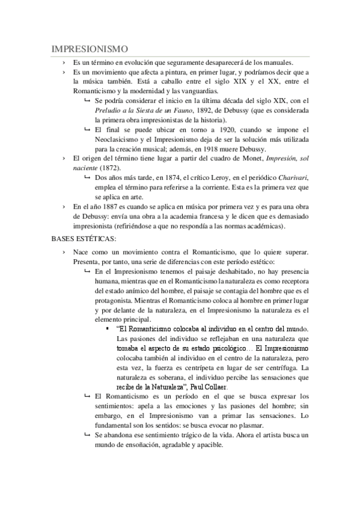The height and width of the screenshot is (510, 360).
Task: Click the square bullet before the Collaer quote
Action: click(x=106, y=329)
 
